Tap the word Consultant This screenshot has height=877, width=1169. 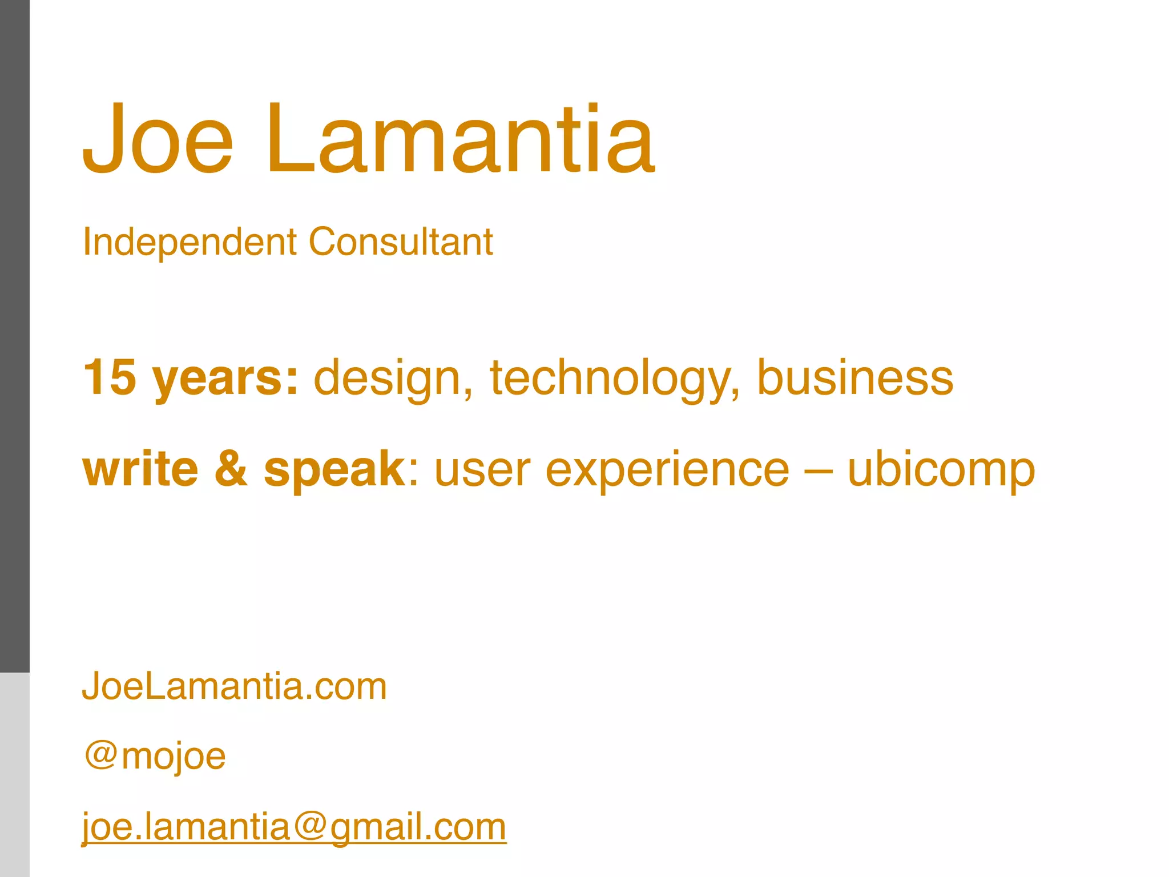coord(401,242)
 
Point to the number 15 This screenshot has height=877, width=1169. coord(110,377)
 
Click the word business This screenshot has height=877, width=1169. coord(854,377)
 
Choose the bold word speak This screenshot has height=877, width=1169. coord(334,471)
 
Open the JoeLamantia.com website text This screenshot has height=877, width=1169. coord(235,686)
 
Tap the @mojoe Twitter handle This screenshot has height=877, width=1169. coord(155,757)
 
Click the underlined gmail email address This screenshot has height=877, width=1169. coord(294,827)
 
